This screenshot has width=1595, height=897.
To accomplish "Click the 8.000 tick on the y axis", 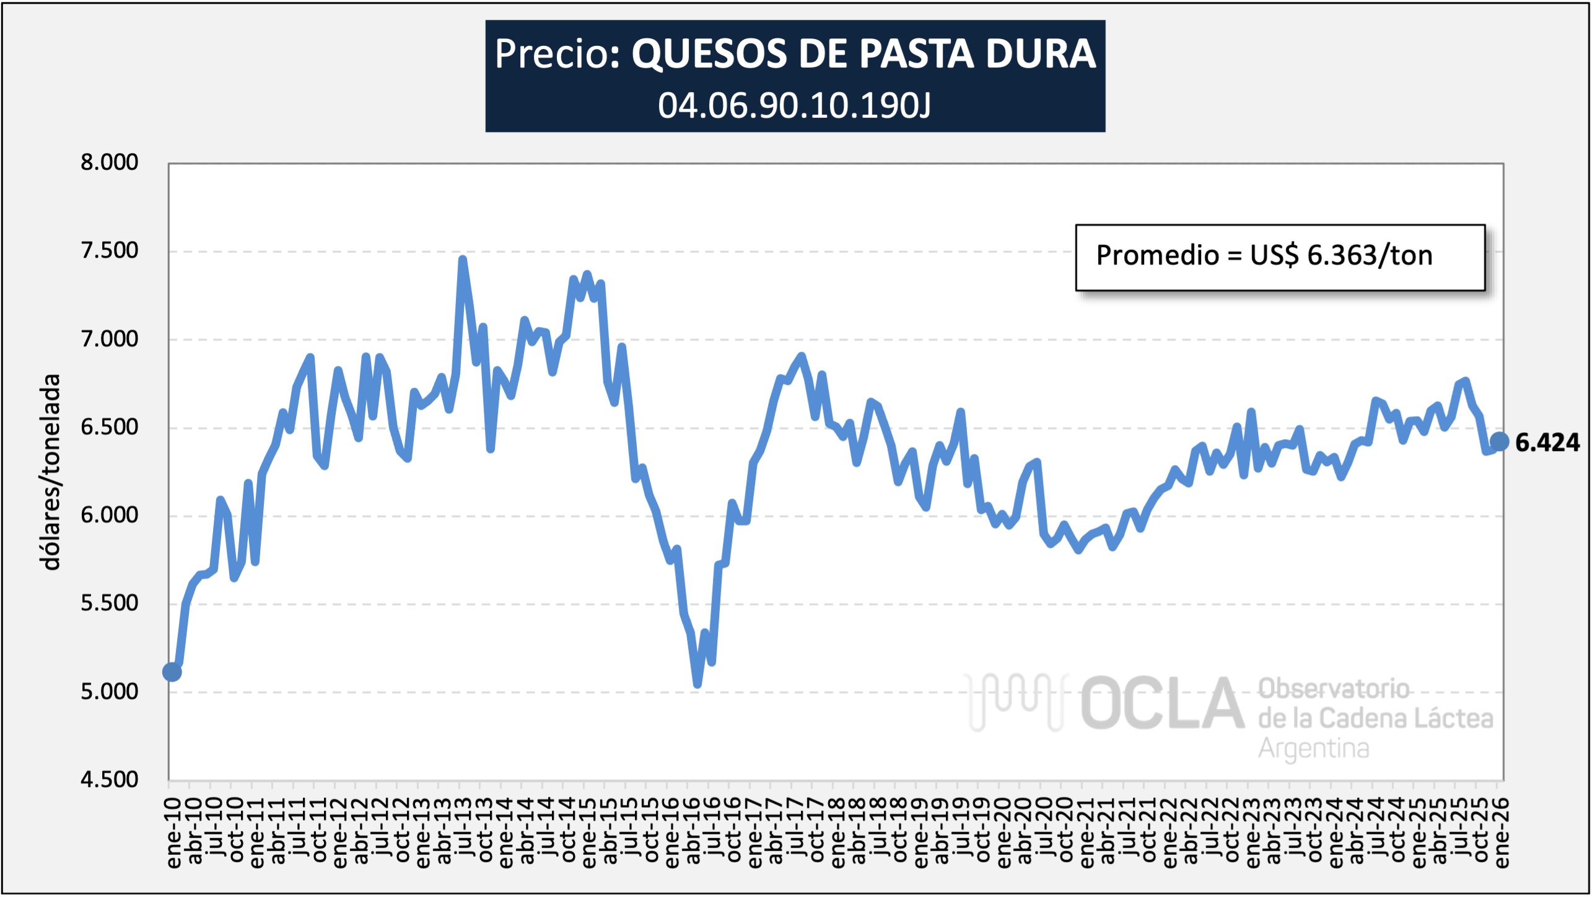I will click(x=109, y=162).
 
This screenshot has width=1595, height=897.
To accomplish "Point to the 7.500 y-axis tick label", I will click(x=109, y=251).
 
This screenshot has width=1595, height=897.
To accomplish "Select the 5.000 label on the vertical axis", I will click(x=109, y=691).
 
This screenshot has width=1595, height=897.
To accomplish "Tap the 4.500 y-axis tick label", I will click(x=109, y=779).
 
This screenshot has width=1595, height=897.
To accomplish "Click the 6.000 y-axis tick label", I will click(x=109, y=515).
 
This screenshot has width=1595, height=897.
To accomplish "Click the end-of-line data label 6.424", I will click(x=1547, y=442).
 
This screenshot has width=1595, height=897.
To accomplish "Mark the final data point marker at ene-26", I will click(x=1499, y=442).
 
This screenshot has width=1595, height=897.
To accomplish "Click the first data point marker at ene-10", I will click(x=172, y=672).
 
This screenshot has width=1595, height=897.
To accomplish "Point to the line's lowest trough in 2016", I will click(x=697, y=685).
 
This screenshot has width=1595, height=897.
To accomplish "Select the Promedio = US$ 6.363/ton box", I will click(x=1280, y=257).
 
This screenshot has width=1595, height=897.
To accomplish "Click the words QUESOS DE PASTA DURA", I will click(x=863, y=54).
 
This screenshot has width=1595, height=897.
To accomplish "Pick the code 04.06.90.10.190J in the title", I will click(x=794, y=105).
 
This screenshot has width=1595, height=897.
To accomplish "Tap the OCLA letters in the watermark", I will click(x=1162, y=704).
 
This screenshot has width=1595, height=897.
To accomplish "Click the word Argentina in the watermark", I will click(x=1313, y=748).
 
